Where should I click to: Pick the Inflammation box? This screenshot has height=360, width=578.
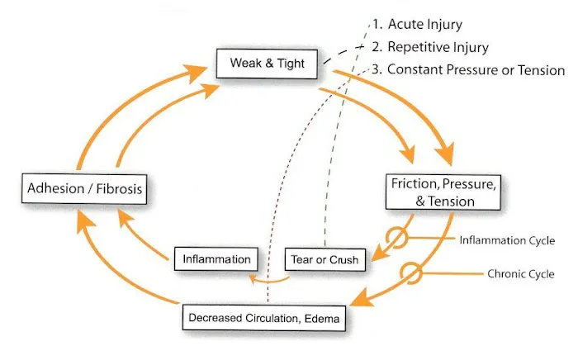pos(218,259)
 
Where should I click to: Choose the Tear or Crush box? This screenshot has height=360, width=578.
pos(325,260)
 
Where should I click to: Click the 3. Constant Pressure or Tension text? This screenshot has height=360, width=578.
pos(467,69)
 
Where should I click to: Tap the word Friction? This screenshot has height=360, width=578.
pos(413,182)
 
